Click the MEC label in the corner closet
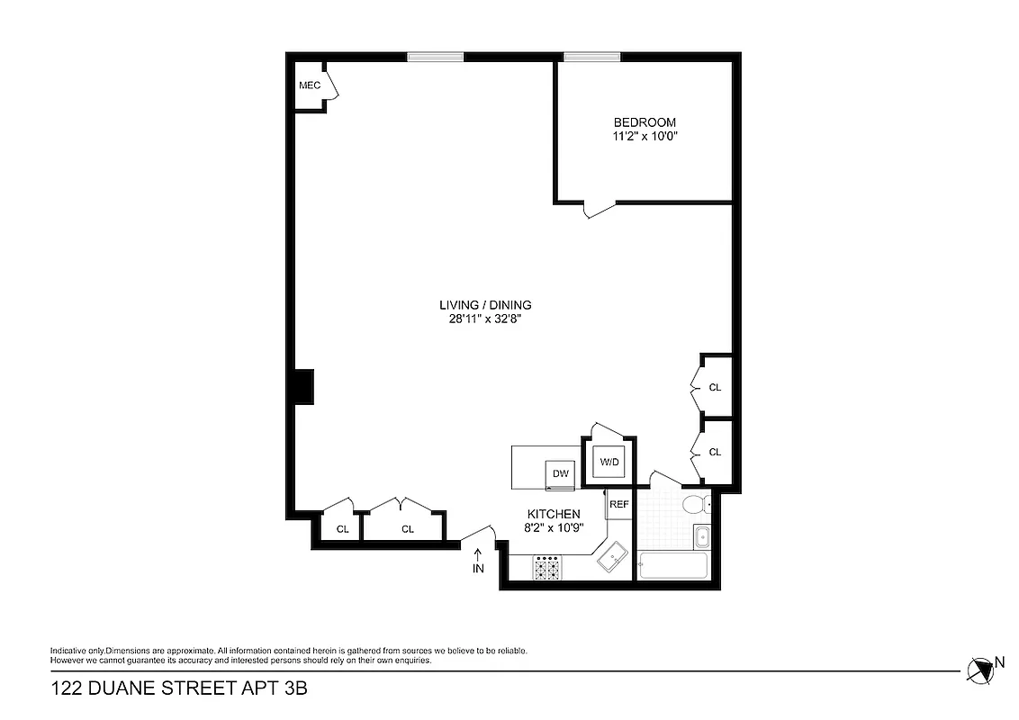coord(310,85)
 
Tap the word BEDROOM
coord(645,122)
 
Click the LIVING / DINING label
coord(485,304)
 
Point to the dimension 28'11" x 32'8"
coord(485,319)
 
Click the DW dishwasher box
coord(561,473)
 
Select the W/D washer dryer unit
coord(609,463)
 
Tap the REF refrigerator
coord(619,504)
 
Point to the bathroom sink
coord(702,538)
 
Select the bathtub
coord(672,567)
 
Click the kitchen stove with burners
coord(548,568)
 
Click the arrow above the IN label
coord(478,553)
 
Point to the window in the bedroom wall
coord(591,57)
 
